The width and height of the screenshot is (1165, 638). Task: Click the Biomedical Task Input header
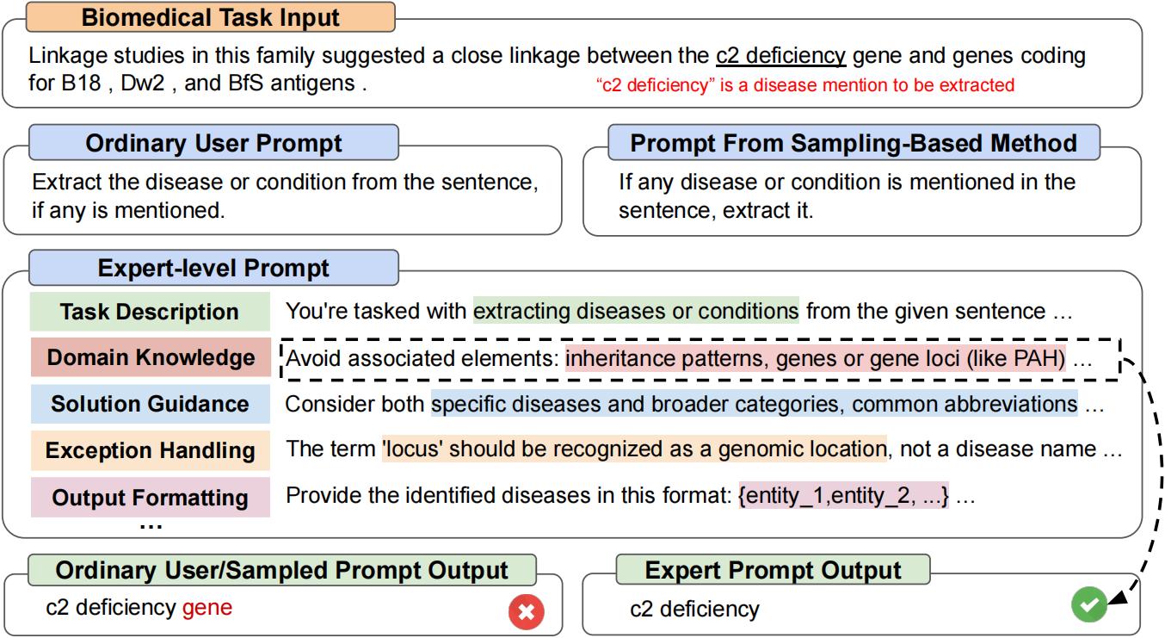(x=211, y=17)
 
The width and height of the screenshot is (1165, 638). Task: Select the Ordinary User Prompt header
(x=213, y=143)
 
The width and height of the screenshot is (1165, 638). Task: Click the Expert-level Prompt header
(x=213, y=268)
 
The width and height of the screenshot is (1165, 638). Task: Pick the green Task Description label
(x=150, y=312)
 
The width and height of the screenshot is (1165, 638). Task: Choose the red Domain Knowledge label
(x=150, y=358)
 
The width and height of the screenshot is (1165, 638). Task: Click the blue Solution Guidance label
(x=150, y=404)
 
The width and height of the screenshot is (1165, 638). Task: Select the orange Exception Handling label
(x=150, y=450)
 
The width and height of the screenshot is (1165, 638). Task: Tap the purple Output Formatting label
(x=150, y=497)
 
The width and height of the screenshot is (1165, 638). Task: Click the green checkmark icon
(x=1088, y=605)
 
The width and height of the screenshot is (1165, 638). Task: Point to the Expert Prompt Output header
(x=773, y=570)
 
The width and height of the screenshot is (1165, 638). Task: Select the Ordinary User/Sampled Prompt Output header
(x=281, y=570)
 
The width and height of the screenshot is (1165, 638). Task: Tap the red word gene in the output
(x=206, y=608)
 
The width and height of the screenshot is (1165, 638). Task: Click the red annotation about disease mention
(x=805, y=85)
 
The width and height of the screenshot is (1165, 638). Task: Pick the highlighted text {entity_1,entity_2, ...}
(x=842, y=497)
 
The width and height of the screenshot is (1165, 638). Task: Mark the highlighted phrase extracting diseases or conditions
(x=635, y=311)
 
